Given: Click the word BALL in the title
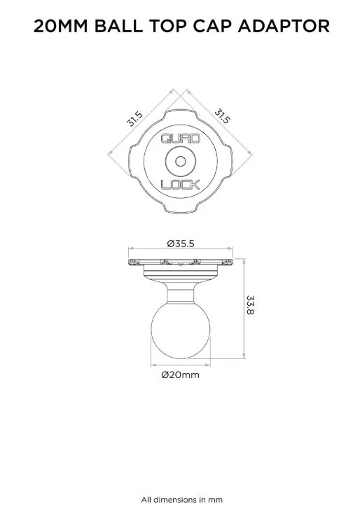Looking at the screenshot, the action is tap(118, 26).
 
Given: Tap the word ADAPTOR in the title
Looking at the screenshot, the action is tap(284, 26).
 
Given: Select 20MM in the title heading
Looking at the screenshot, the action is tap(61, 26).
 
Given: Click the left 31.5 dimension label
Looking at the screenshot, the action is tap(134, 119).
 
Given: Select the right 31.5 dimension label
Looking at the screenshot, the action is tap(222, 117).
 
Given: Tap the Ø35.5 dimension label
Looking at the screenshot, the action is tap(181, 244).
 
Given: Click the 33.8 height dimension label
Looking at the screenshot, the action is tap(250, 305).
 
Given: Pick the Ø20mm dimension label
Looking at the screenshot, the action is tap(180, 374).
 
